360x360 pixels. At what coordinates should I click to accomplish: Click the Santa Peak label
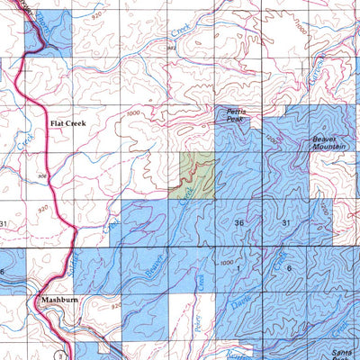coord(341,352)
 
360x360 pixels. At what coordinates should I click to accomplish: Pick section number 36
coord(238,222)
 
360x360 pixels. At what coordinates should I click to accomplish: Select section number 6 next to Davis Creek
coord(288,269)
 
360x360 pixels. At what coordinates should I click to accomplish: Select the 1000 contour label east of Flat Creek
coord(135,113)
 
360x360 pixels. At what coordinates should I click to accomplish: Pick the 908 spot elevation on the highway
coord(42,176)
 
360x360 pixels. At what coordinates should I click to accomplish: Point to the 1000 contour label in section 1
coord(225,261)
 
